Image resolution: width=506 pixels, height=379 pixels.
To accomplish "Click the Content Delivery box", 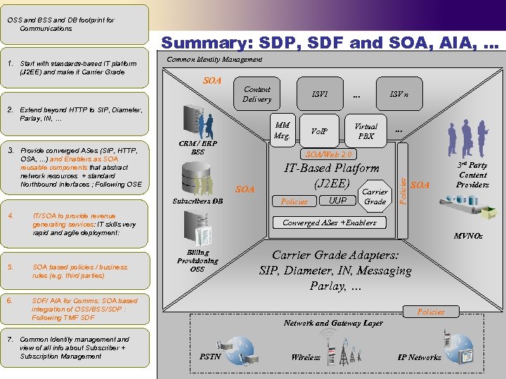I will coord(257,94).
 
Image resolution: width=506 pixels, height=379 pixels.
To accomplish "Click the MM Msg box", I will coord(282,131).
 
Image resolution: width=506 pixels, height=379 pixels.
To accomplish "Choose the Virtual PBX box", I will coord(365,131).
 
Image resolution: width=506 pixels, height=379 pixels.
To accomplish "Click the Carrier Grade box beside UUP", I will coord(375,197).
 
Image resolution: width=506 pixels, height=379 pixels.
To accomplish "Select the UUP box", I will coord(337,201).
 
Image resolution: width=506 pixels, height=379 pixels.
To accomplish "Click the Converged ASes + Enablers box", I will coord(329,222).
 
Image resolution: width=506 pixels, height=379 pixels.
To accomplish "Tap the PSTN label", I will coord(211,357).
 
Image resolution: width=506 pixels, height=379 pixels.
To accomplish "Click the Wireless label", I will coord(306,357).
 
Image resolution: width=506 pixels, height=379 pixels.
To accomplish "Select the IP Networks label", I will coord(420,357).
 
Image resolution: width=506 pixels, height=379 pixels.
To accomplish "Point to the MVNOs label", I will coord(468,237).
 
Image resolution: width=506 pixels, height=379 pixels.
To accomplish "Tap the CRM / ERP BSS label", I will coord(198,148).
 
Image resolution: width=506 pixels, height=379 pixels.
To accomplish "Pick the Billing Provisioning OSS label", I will coord(197,260).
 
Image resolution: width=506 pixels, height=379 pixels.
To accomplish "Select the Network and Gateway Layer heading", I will coord(333,323).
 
